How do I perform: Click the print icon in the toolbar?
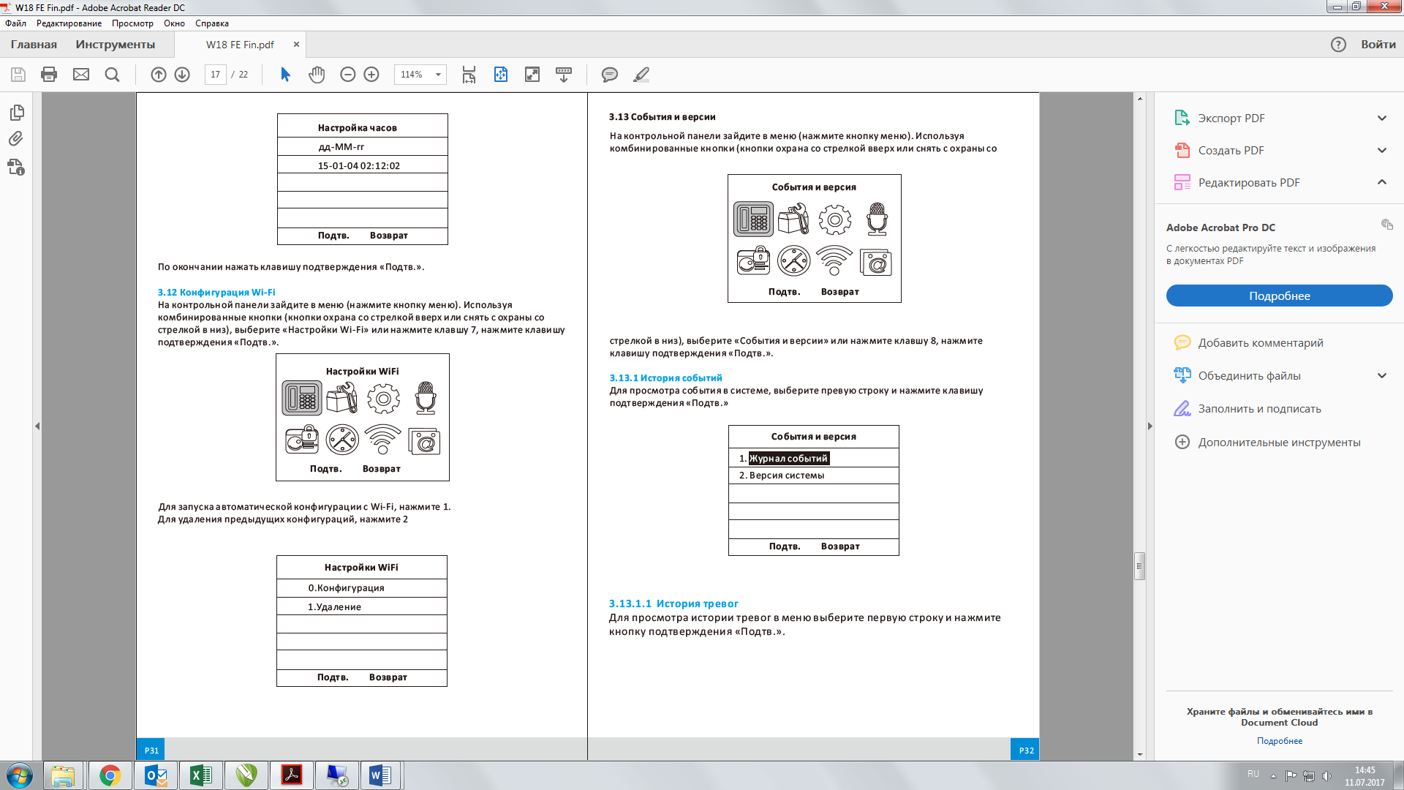(49, 75)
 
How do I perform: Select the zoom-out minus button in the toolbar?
(348, 75)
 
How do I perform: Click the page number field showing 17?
(215, 75)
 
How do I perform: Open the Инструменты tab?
(116, 45)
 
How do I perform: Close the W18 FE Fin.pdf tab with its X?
(296, 45)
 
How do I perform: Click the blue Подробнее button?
(1279, 296)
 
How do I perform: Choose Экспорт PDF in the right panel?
(1231, 118)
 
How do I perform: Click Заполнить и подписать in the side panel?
(1259, 409)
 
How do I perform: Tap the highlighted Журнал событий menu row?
(789, 459)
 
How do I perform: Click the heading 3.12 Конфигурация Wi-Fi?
(216, 293)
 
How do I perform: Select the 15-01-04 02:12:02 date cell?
(359, 166)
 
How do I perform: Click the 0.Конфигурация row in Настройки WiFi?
(346, 588)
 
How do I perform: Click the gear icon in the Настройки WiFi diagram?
(383, 399)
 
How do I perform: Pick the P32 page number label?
(1027, 750)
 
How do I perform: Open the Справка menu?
(212, 23)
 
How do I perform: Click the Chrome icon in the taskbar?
(110, 775)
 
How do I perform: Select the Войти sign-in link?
(1378, 45)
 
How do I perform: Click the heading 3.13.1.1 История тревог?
(673, 603)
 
